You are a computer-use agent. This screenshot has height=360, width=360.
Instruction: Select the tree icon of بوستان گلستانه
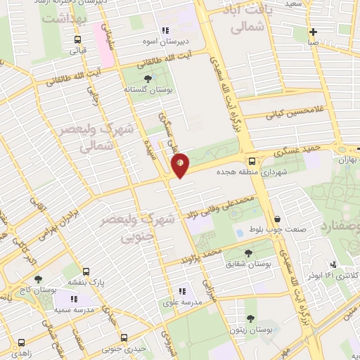point(147,79)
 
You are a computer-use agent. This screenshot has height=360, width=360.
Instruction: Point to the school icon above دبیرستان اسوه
point(166,30)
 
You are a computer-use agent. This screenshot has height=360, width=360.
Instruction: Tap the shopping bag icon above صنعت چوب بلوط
point(278,220)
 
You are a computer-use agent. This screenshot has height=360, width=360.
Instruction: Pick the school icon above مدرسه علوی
point(182,290)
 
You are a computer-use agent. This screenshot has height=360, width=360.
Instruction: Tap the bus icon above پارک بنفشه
point(86,271)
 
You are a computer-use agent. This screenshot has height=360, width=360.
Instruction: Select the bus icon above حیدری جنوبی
point(124,337)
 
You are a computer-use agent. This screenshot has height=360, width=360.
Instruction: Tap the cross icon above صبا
point(313,31)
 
